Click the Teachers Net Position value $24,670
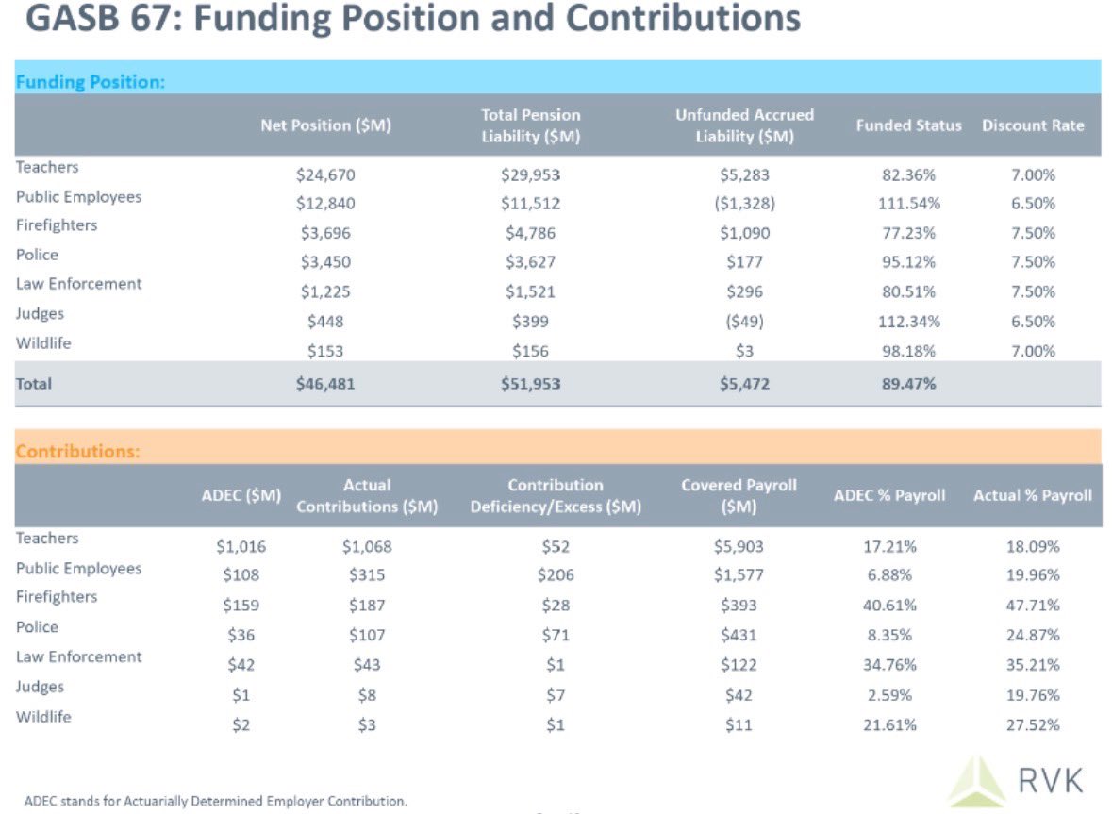[x=325, y=174]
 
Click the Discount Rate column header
[x=1033, y=125]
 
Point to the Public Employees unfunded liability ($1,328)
[x=744, y=204]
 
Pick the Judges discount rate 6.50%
[x=1033, y=322]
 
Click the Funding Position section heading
[x=91, y=82]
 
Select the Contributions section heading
[x=78, y=452]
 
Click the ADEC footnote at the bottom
[x=216, y=801]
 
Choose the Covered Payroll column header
[x=739, y=495]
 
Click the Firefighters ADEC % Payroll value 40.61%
[x=889, y=605]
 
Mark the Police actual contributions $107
[x=367, y=635]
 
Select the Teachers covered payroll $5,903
[x=739, y=546]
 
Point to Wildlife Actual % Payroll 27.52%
[x=1033, y=725]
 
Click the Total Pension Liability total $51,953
[x=530, y=384]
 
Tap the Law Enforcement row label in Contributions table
[x=79, y=657]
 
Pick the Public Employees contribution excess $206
[x=556, y=574]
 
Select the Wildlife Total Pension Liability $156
[x=530, y=351]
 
